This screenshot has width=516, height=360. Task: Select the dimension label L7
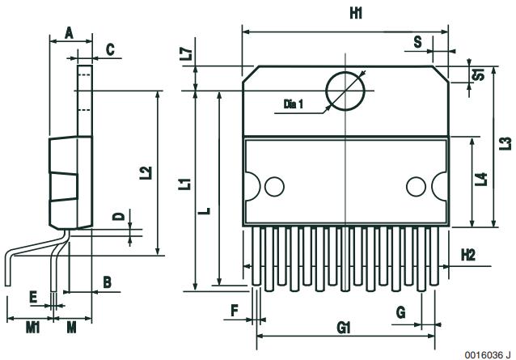pos(186,54)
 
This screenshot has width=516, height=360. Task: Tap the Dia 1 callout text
pos(294,104)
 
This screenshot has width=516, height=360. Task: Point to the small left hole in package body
pos(275,187)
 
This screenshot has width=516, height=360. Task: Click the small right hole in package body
pos(416,187)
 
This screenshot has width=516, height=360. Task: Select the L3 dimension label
pos(505,143)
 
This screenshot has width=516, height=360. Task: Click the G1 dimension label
pos(343,328)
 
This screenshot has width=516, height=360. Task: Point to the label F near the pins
pos(234,309)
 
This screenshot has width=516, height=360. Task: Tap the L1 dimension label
pos(185,183)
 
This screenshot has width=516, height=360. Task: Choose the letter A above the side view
pos(70,32)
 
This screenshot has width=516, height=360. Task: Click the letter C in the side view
pos(110,50)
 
